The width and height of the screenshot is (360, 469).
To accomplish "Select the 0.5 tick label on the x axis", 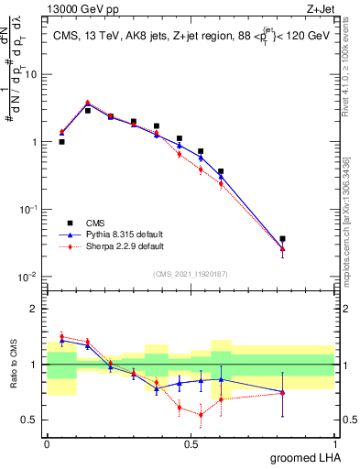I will click(191, 443).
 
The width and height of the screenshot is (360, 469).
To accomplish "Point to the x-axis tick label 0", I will click(47, 443).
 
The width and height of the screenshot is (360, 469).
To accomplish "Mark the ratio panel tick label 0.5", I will click(31, 420).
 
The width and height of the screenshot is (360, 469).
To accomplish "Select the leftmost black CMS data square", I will click(61, 142).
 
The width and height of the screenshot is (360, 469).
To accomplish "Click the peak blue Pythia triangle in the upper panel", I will click(87, 104).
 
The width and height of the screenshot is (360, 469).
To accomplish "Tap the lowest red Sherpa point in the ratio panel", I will click(201, 414).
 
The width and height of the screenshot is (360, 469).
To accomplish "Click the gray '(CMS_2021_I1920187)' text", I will click(190, 274).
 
